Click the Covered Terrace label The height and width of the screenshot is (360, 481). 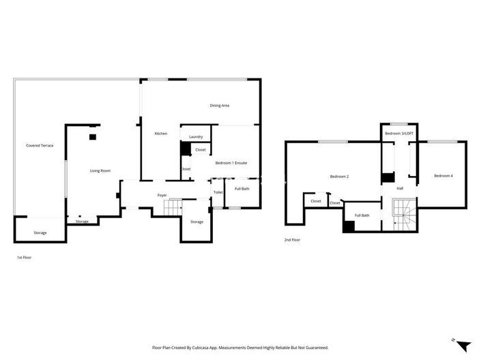[x=40, y=145]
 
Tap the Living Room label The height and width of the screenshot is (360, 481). [x=100, y=170]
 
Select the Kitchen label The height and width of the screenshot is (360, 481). [x=161, y=133]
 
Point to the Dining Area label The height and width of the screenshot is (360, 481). [x=219, y=105]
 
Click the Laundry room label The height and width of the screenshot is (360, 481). [x=196, y=137]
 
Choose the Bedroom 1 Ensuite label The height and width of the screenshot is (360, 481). [x=231, y=163]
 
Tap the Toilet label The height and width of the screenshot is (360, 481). [x=218, y=192]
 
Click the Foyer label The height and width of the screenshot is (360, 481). [x=162, y=195]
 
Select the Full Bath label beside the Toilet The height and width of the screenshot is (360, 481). [x=242, y=188]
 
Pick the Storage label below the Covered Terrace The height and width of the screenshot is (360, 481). [x=40, y=233]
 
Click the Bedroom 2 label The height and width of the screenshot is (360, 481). [x=339, y=177]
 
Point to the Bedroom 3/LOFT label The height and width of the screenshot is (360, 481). [x=399, y=133]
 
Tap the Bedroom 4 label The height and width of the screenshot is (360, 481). [x=443, y=176]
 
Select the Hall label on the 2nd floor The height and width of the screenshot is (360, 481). [x=400, y=188]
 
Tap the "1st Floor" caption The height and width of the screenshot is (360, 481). [x=25, y=258]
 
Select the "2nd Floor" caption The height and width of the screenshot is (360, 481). [x=292, y=240]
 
